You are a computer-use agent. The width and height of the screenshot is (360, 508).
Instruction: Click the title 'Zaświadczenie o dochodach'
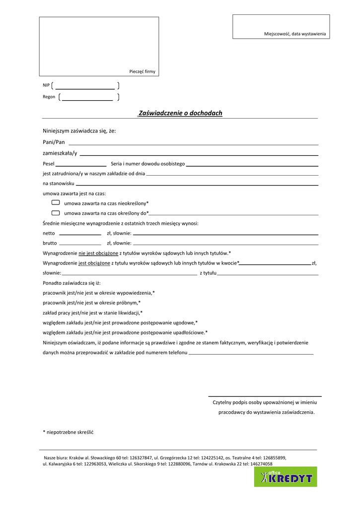(180, 113)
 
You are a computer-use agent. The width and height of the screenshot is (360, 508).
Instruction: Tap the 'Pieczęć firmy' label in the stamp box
(142, 71)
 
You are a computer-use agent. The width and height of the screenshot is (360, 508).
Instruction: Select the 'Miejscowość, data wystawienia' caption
(295, 33)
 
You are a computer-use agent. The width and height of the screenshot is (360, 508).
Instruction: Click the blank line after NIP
(85, 88)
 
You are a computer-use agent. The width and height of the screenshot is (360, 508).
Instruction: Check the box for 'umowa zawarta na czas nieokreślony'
(56, 202)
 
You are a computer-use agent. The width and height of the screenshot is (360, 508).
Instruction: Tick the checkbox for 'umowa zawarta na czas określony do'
(56, 212)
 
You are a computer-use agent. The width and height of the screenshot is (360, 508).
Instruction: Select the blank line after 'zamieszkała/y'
(199, 154)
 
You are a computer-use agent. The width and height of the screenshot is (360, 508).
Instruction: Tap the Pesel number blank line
(81, 165)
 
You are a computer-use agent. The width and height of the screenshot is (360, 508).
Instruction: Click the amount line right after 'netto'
(80, 234)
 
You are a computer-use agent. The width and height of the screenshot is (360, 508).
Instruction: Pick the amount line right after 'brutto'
(80, 244)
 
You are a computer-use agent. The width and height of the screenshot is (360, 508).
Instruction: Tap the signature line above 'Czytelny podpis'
(265, 396)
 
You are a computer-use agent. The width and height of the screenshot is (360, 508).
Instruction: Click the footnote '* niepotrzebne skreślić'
(69, 432)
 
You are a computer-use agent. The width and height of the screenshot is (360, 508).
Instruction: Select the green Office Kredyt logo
(286, 477)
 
